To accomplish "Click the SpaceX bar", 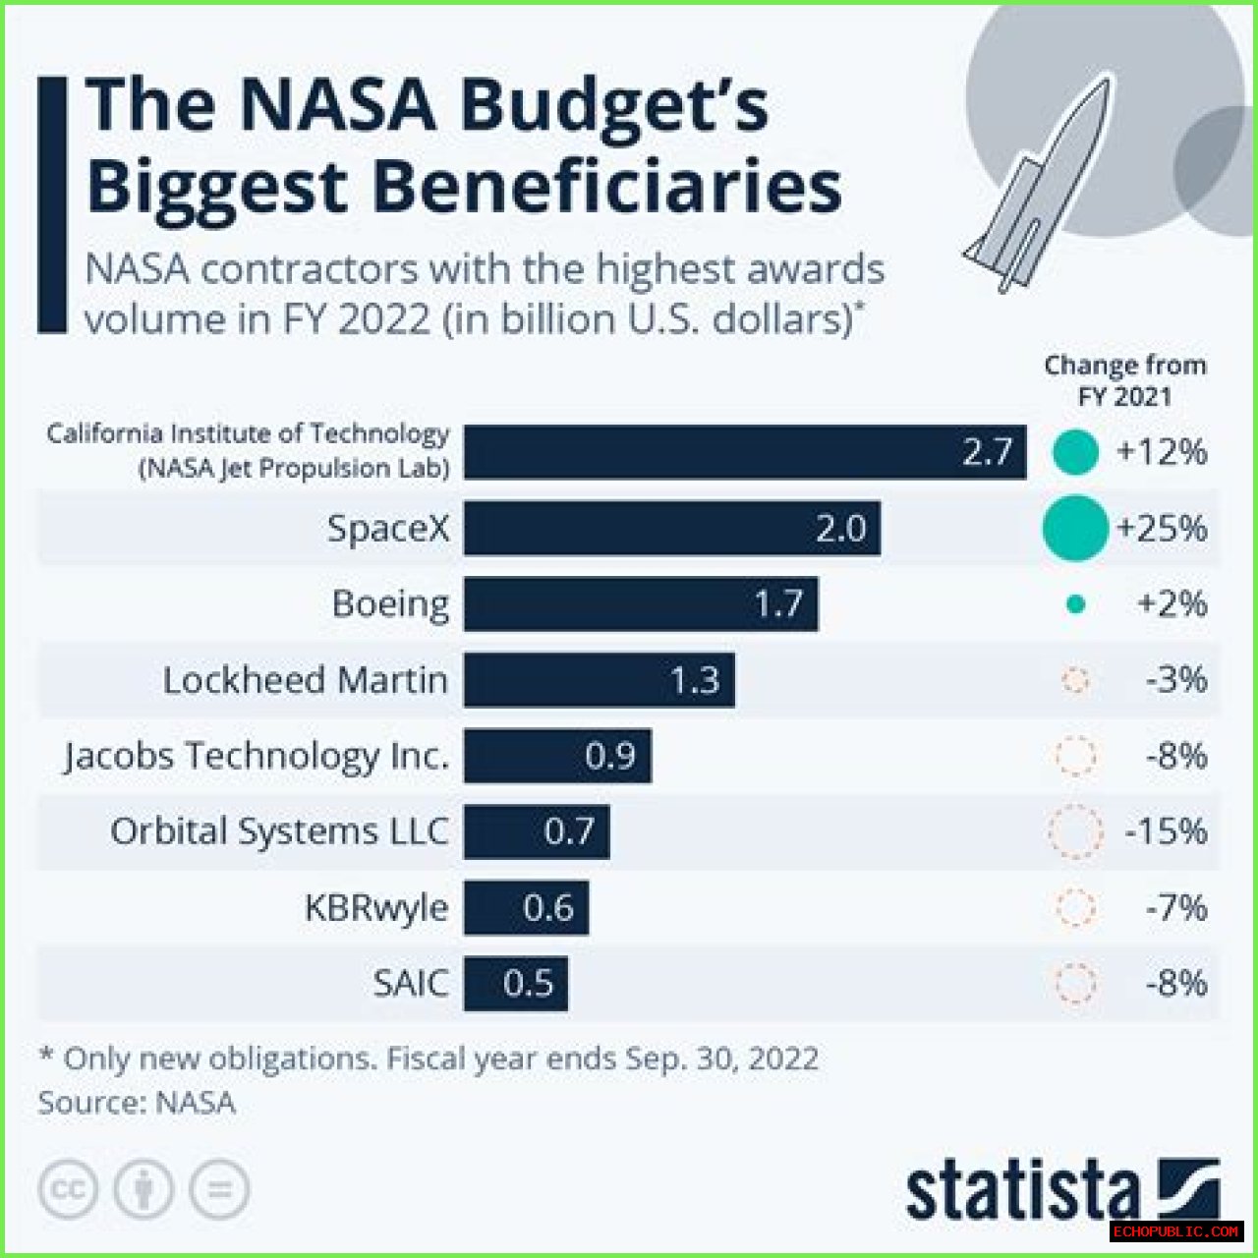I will tap(672, 529).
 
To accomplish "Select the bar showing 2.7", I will tap(744, 452).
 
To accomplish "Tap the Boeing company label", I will tap(390, 603).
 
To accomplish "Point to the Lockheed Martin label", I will tap(305, 680).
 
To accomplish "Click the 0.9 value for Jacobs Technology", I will tap(609, 756).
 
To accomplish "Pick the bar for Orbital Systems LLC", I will tap(537, 831).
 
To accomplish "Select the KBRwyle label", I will tap(375, 907).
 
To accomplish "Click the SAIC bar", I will tap(516, 983).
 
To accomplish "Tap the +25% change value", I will tap(1161, 529).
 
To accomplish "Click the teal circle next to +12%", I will tap(1075, 453).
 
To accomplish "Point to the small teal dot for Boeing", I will tap(1075, 604).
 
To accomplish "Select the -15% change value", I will tap(1166, 831).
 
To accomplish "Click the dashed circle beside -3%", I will tap(1075, 680).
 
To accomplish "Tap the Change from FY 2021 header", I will tap(1124, 380).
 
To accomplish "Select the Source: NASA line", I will tap(137, 1103).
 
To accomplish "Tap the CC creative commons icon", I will tap(68, 1190).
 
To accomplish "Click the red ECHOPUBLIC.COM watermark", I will tap(1176, 1231).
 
